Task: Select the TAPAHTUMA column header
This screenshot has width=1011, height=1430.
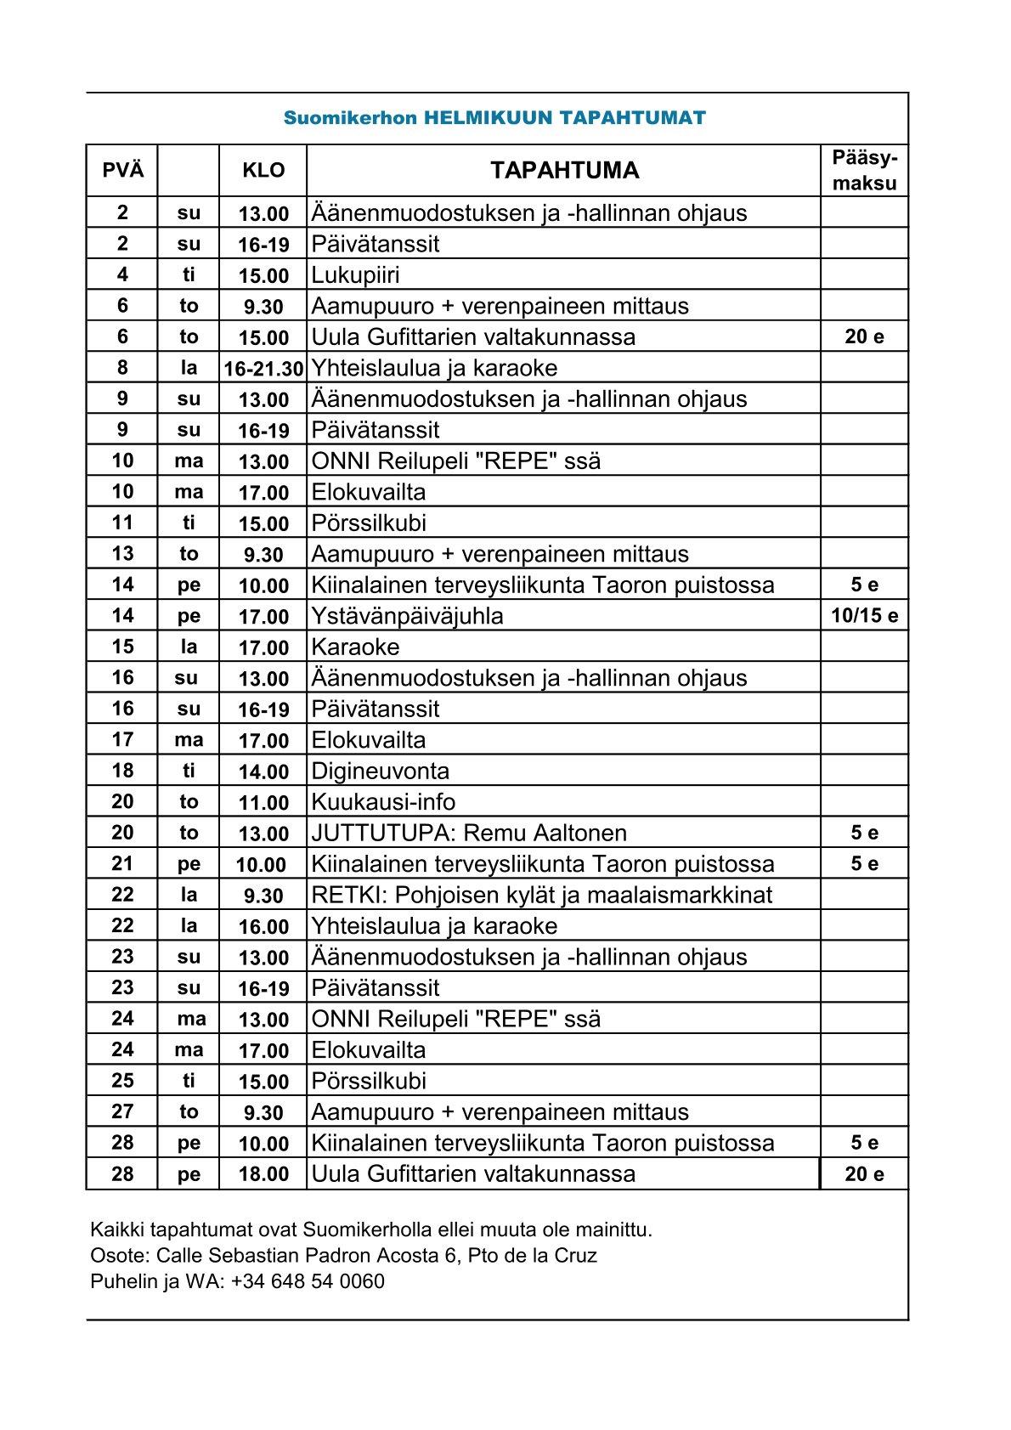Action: coord(564,170)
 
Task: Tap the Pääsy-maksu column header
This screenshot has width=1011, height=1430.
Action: coord(864,171)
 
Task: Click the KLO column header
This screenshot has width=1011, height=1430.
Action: coord(263,170)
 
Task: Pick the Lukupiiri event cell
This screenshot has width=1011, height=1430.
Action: coord(355,275)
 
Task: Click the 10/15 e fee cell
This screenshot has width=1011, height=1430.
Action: coord(864,616)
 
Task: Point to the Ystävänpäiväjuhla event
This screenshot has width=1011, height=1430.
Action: coord(407,616)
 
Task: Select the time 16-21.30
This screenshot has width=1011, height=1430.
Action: coord(263,369)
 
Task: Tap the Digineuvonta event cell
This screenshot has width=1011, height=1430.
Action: coord(380,772)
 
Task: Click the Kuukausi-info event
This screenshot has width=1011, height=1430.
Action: coord(383,802)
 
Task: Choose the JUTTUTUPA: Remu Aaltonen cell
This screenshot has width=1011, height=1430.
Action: coord(469,834)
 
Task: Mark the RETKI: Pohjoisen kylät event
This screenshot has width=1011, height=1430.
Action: coord(542,895)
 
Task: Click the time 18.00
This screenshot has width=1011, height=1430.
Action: coord(263,1174)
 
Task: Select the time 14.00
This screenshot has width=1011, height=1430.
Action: coord(263,772)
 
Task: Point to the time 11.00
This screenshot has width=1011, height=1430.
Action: coord(263,803)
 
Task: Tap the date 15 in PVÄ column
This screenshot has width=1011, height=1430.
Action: coord(122,647)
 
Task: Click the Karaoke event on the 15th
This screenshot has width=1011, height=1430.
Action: coord(355,647)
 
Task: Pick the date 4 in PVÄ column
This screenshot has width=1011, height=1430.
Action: coord(122,274)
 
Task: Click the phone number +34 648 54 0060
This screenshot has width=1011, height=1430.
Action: coord(308,1281)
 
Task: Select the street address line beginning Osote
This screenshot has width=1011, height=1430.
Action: coord(343,1256)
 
